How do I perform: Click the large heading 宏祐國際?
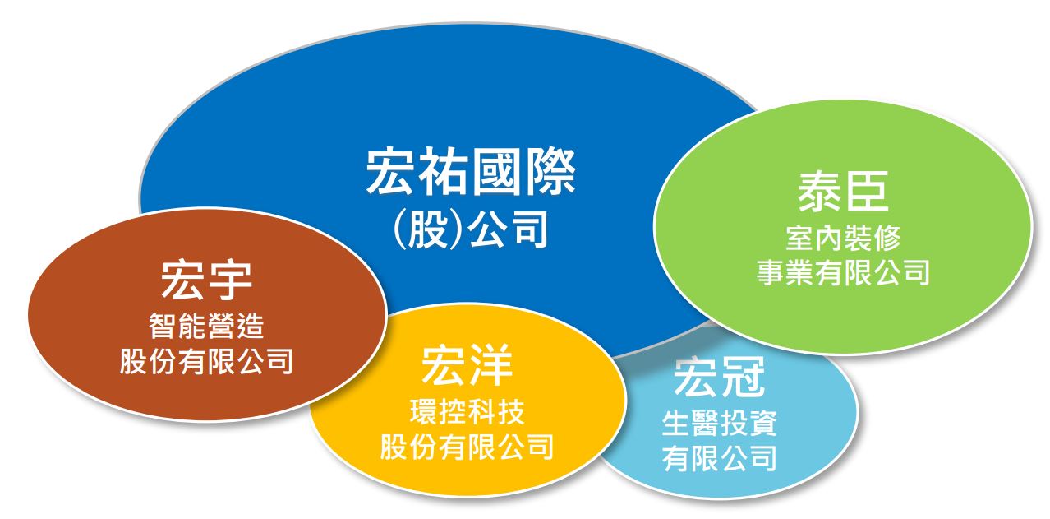471,172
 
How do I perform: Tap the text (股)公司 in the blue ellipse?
471,229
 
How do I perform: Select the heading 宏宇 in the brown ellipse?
207,280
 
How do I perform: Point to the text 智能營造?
207,326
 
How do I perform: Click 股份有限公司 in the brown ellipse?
207,361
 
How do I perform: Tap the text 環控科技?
467,412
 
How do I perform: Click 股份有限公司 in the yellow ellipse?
467,447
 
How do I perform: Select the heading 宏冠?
720,377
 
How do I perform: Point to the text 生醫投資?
720,424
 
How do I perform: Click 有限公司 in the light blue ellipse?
720,458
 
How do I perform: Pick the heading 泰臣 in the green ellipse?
843,191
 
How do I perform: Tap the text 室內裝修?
843,238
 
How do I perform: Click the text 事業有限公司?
843,272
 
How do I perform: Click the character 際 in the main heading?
550,172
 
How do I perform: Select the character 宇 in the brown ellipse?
231,280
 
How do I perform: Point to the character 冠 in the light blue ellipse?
744,377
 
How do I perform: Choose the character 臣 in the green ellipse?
867,191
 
